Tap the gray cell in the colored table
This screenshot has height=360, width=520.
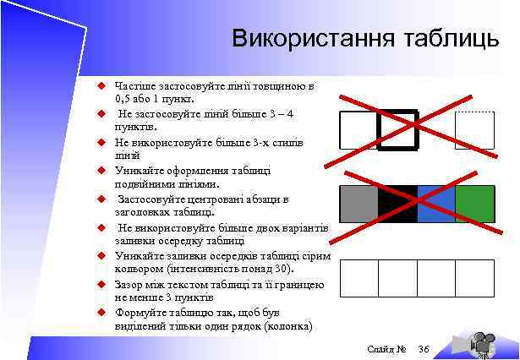click(x=359, y=204)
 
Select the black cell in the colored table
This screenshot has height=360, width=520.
click(x=397, y=204)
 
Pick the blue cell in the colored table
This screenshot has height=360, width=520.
click(x=436, y=204)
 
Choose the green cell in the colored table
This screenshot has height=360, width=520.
click(x=475, y=204)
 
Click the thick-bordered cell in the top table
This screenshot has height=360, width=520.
click(x=397, y=130)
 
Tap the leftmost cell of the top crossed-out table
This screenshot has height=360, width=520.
click(x=358, y=130)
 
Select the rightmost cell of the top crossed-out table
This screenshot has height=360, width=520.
click(x=474, y=130)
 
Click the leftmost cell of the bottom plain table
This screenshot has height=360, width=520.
click(x=359, y=278)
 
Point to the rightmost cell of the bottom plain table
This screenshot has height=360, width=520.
click(x=475, y=278)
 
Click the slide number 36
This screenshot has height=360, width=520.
click(x=424, y=349)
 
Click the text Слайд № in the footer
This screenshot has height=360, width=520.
click(x=387, y=349)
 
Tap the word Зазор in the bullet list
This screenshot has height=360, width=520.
click(x=131, y=285)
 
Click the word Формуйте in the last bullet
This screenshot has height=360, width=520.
click(x=140, y=313)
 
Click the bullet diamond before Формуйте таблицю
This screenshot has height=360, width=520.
click(x=98, y=313)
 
